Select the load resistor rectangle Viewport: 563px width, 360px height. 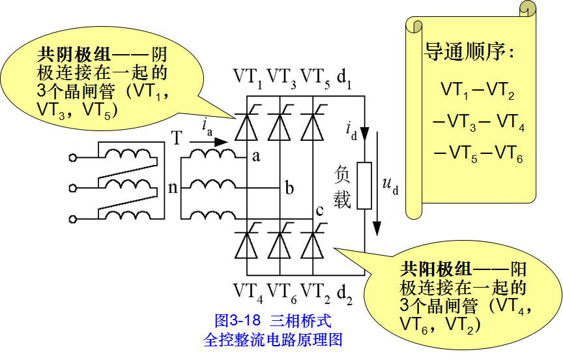point(364,185)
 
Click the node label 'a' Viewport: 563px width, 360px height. point(256,157)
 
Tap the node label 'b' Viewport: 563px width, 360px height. point(289,187)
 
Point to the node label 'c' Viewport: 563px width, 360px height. point(319,210)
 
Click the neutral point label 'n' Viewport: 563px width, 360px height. point(173,188)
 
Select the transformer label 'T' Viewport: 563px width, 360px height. point(177,138)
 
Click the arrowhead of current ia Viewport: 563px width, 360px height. point(221,142)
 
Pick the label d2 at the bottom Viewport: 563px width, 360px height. point(344,293)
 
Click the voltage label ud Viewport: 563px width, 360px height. point(390,185)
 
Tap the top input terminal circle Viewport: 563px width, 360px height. point(73,157)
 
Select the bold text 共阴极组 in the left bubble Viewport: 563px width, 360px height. point(74,55)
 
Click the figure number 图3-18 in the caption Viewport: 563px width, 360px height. point(237,320)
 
